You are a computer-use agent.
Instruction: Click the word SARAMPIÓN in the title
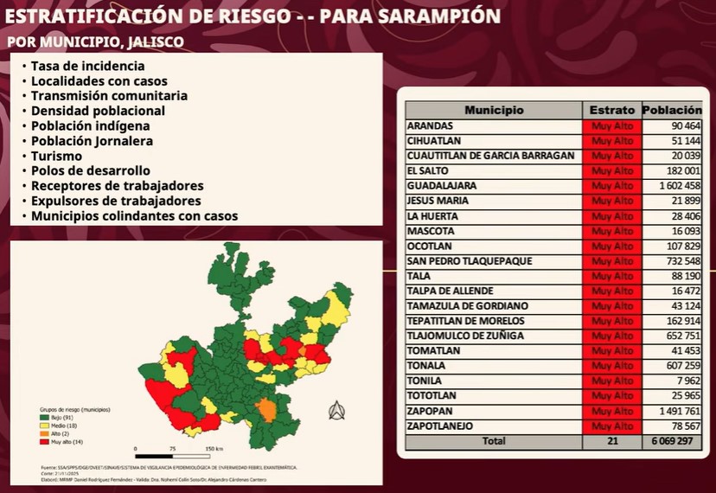click(x=436, y=16)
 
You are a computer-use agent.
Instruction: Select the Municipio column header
click(x=494, y=111)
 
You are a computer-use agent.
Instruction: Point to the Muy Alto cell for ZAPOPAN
click(x=612, y=411)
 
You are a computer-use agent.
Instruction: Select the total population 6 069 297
click(x=674, y=441)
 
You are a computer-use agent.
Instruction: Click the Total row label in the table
click(x=494, y=441)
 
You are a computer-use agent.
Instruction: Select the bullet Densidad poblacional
click(x=98, y=111)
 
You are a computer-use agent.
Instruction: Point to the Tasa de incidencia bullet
click(x=87, y=66)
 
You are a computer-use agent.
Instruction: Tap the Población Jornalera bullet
click(x=92, y=141)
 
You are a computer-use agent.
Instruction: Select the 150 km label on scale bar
click(x=214, y=449)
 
